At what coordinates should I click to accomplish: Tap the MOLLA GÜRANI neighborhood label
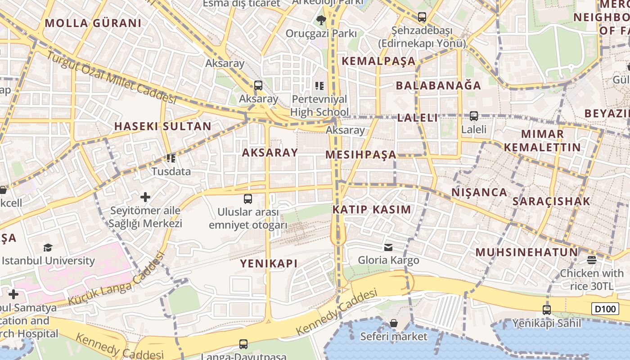(93, 23)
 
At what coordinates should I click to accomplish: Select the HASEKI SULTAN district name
(162, 126)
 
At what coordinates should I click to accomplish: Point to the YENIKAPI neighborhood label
(269, 264)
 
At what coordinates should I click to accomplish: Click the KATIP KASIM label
(372, 210)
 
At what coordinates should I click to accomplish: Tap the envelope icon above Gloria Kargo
(388, 247)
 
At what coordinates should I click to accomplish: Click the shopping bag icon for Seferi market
(394, 323)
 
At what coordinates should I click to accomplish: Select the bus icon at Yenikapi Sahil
(546, 310)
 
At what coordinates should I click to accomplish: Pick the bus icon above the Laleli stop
(473, 116)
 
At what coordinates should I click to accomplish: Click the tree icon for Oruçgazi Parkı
(321, 20)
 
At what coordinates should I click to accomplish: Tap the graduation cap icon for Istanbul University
(48, 247)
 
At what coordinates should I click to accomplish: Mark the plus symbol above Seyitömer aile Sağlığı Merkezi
(145, 197)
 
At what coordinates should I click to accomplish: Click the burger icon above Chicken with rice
(591, 260)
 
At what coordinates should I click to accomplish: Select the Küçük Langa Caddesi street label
(116, 280)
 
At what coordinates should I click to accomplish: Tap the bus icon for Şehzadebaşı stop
(422, 17)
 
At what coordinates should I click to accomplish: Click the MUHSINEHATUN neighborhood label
(526, 252)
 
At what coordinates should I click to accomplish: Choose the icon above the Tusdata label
(171, 158)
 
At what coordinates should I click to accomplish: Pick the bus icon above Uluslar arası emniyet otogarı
(247, 198)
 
